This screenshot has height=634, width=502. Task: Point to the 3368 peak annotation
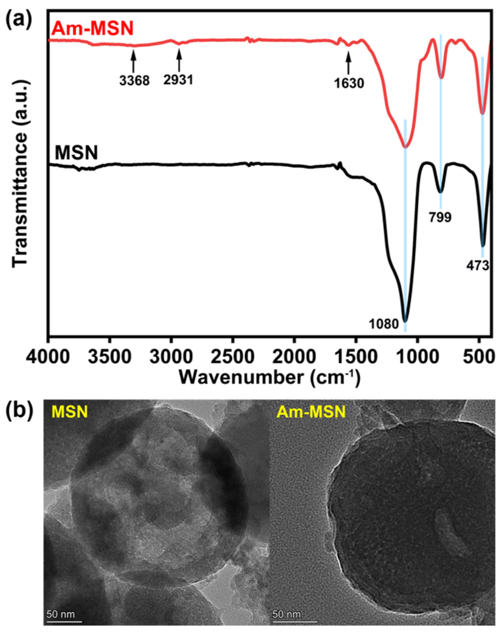click(134, 80)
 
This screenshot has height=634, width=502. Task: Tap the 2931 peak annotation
click(178, 80)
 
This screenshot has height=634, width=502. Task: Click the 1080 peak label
click(384, 324)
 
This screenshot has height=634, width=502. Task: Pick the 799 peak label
click(440, 218)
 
